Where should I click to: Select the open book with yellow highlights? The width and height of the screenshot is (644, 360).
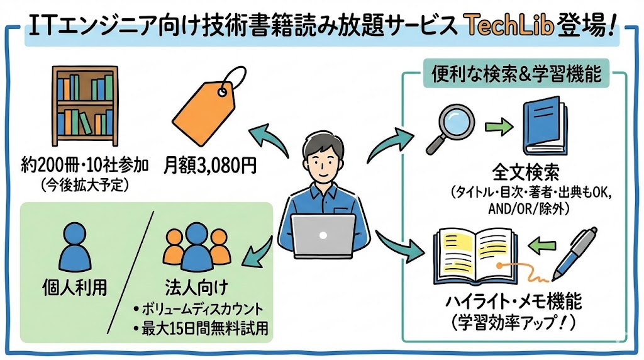[479, 257]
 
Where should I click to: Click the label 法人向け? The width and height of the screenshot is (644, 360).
[190, 289]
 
